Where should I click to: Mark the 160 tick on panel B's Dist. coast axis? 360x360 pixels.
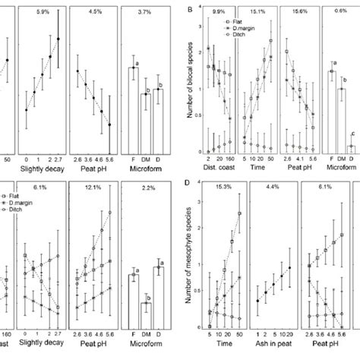tap(229, 159)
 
